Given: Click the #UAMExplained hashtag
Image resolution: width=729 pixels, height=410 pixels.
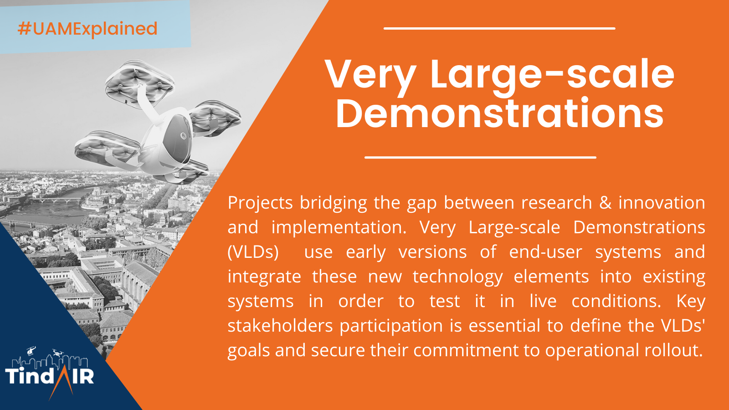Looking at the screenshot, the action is point(87,29).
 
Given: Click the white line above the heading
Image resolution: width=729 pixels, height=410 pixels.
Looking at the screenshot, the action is point(499,29).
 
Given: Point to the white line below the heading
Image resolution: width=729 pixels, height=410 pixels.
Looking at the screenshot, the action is point(480,158).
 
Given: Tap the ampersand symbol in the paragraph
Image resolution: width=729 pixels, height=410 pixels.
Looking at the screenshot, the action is point(605,203).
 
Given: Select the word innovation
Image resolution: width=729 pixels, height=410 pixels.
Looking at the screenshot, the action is point(662,203).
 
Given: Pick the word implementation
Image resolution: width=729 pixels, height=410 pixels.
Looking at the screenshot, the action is point(339,228).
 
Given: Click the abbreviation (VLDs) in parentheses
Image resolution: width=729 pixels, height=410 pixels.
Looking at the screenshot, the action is point(253,252).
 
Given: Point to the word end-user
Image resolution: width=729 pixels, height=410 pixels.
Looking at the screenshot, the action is point(545,252).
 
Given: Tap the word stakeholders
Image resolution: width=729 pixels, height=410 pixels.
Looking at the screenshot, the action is point(280,326).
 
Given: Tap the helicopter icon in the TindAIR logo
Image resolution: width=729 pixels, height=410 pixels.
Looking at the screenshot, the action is point(31,350).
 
